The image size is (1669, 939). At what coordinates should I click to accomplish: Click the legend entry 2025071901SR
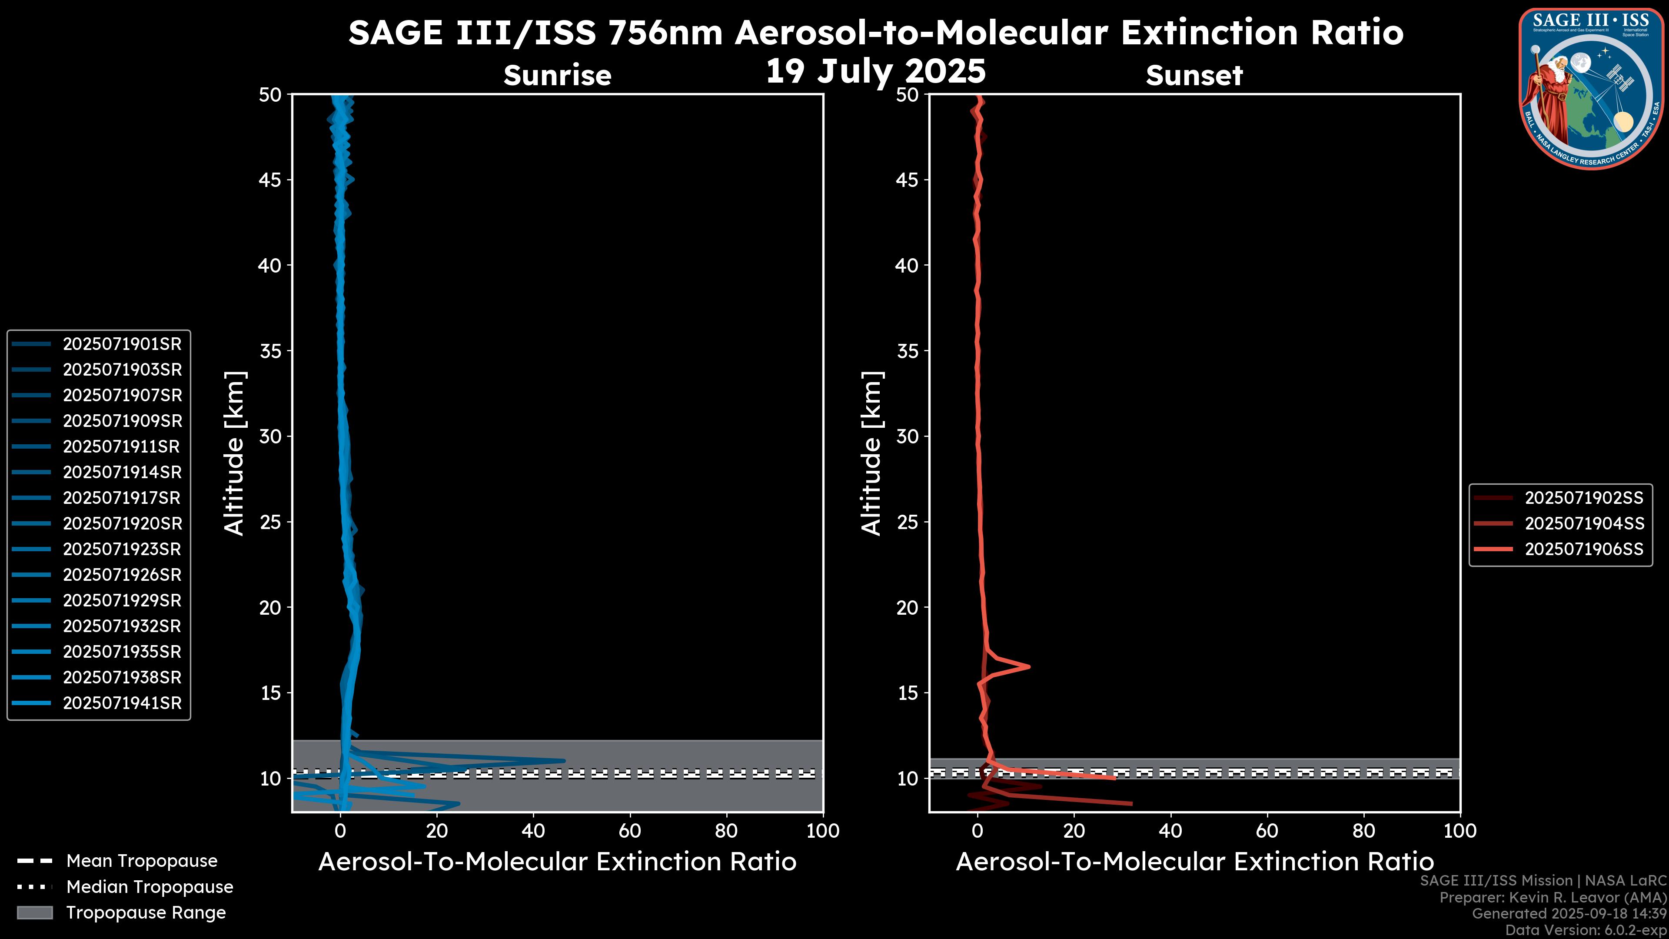122,344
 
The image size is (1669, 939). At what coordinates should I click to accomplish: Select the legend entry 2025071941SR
122,703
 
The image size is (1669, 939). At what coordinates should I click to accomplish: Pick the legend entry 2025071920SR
122,523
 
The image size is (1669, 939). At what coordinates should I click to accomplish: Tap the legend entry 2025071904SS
1583,523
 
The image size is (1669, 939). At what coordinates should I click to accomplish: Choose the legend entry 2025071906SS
1583,549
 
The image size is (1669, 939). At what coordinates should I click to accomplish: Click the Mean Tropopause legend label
142,861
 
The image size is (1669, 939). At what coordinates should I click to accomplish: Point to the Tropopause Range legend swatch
34,912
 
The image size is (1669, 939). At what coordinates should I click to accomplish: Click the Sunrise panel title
557,76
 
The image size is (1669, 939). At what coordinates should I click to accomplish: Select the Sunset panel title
1194,76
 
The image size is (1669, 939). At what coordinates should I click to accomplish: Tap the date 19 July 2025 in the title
875,71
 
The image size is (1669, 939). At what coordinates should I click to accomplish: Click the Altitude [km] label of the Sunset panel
871,453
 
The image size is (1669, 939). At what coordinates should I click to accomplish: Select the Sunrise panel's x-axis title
557,862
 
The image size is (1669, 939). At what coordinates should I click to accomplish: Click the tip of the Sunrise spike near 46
564,761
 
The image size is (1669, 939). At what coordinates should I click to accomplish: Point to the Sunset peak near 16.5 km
1029,666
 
